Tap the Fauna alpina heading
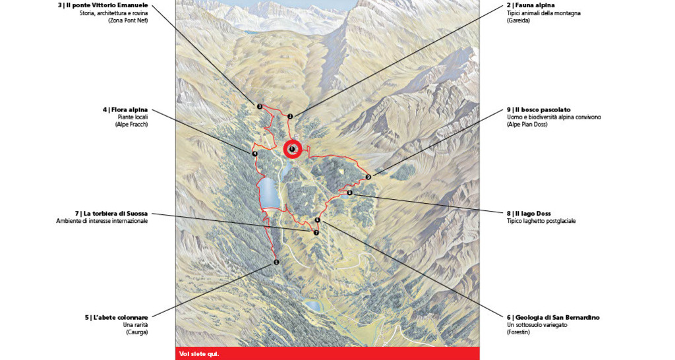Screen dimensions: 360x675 tap(531, 5)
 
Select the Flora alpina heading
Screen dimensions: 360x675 tap(125, 109)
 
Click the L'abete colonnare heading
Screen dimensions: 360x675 tap(116, 317)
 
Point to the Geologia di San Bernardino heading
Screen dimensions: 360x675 tap(553, 317)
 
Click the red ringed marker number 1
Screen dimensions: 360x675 tap(292, 150)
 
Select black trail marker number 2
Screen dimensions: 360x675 tap(290, 117)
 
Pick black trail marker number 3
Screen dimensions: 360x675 tap(260, 106)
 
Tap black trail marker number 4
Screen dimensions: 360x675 tap(254, 154)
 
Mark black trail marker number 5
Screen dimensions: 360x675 tap(276, 262)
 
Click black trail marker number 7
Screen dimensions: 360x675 tap(316, 232)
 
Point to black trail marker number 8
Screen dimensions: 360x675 tap(349, 193)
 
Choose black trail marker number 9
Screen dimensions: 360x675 tap(368, 177)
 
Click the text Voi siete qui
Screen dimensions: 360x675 tap(199, 354)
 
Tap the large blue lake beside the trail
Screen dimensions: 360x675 tap(269, 193)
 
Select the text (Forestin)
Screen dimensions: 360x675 tap(518, 332)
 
